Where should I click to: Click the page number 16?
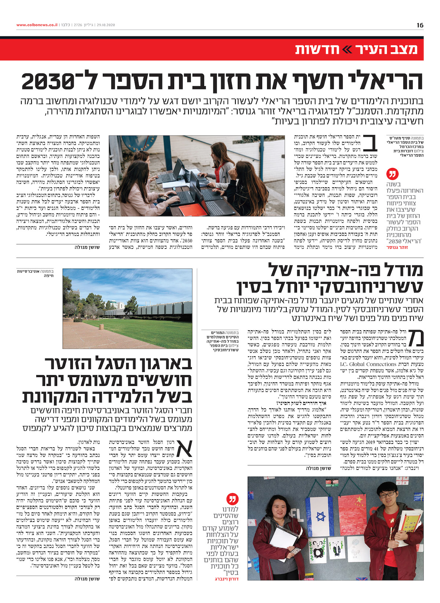420,25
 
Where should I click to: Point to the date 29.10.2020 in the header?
106,25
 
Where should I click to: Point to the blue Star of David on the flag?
321,517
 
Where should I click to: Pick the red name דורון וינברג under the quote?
226,579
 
